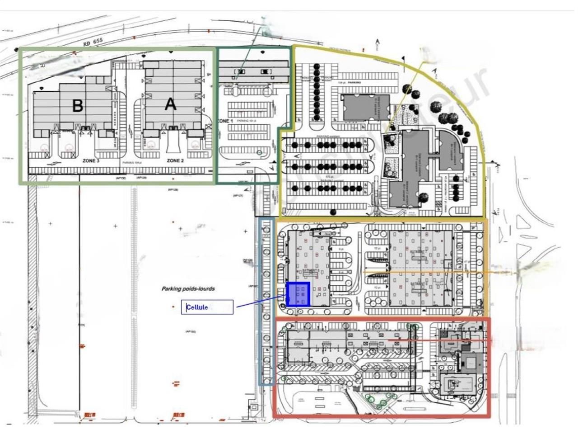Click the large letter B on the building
pyautogui.click(x=78, y=106)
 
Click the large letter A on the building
pyautogui.click(x=170, y=104)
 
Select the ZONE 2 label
pyautogui.click(x=175, y=160)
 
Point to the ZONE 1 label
pyautogui.click(x=225, y=121)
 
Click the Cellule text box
pyautogui.click(x=207, y=307)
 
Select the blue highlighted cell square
pyautogui.click(x=298, y=294)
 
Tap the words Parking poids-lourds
pyautogui.click(x=188, y=288)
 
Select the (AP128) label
pyautogui.click(x=173, y=189)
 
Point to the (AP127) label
pyautogui.click(x=238, y=195)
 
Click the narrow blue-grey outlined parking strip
pyautogui.click(x=266, y=301)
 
